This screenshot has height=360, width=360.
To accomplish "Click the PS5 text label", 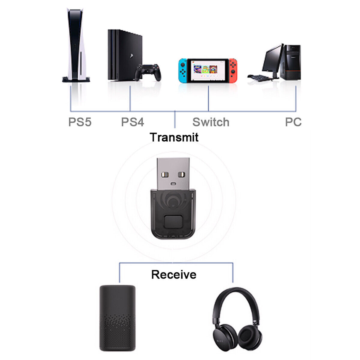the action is coord(80,122).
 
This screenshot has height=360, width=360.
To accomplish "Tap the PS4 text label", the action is coord(132,122).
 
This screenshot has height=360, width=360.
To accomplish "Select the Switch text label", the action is coord(211,122).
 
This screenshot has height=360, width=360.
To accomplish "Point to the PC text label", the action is coord(293,122).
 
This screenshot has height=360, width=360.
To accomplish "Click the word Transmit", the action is coord(174,137).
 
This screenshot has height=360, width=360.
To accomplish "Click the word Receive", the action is coord(174,274).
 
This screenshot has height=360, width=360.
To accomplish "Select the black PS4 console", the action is coord(123,54).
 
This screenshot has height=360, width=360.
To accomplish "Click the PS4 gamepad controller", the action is coord(148,72).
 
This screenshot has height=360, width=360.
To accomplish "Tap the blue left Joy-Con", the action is coord(183,71).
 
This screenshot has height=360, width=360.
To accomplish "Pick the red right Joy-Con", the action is coord(233,71).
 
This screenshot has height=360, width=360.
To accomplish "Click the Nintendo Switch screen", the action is coord(208,70).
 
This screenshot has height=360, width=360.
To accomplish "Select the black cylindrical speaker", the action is coord(117,318).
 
